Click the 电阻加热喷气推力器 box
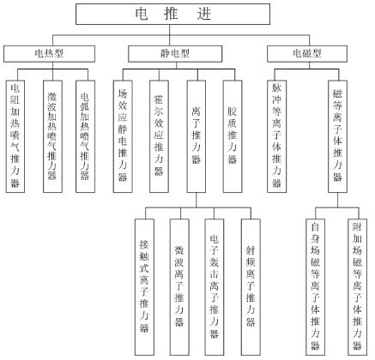(x=16, y=136)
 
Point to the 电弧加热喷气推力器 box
(x=84, y=136)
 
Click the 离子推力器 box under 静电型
(x=195, y=136)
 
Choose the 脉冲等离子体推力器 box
(x=277, y=136)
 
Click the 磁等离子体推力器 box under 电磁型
(x=337, y=136)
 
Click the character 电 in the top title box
(x=142, y=15)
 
